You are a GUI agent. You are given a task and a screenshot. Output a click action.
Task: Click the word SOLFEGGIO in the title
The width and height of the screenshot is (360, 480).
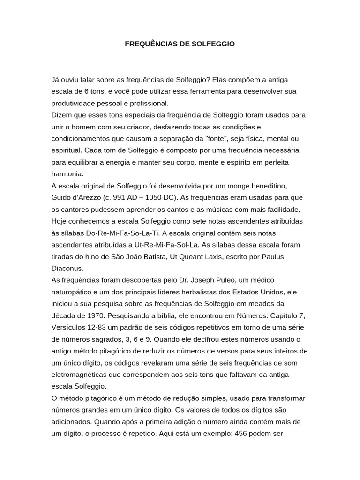[x=211, y=44]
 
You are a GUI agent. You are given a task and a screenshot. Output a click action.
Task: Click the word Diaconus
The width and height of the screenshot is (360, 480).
[x=67, y=268]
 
